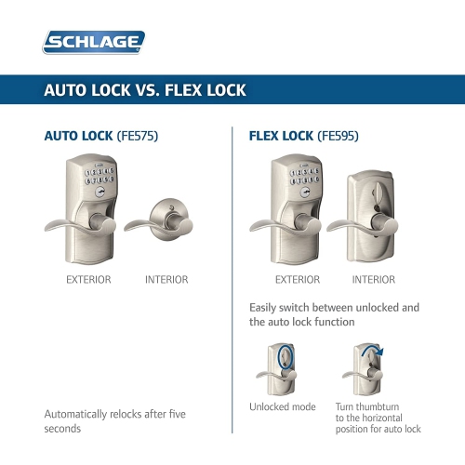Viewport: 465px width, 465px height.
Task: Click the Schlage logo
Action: click(94, 42)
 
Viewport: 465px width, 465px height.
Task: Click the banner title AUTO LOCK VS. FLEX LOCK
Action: click(144, 90)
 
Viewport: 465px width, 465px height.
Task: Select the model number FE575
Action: click(138, 136)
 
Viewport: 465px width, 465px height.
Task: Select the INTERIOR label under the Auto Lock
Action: click(166, 279)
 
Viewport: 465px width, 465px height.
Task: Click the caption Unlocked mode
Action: click(283, 407)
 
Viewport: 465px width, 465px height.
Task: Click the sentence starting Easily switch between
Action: click(335, 314)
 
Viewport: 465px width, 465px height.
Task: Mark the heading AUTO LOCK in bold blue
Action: click(79, 136)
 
